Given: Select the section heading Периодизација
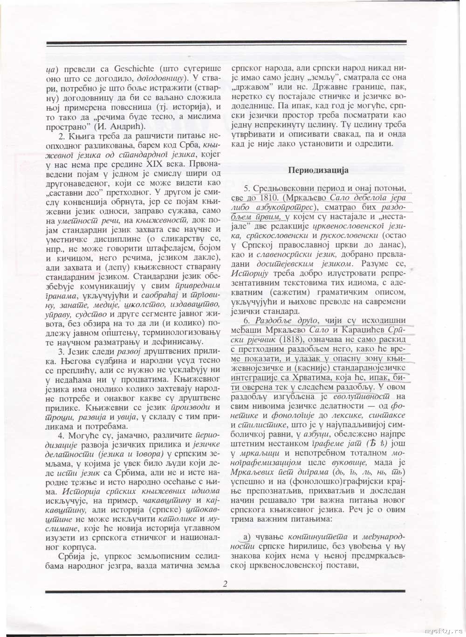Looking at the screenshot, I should click(318, 170).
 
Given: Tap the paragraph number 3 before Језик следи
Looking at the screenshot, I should click(61, 351).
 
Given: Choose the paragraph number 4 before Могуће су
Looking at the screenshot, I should click(61, 436).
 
